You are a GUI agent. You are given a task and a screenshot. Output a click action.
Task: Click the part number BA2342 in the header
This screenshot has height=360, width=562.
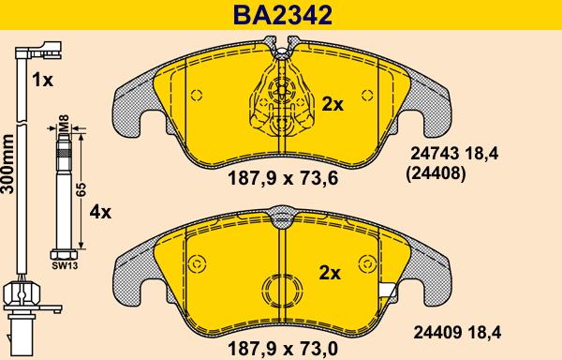283,15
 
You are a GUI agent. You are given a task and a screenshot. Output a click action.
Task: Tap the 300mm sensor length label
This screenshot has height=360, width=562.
7,164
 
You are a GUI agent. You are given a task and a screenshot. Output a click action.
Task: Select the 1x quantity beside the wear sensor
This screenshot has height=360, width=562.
42,80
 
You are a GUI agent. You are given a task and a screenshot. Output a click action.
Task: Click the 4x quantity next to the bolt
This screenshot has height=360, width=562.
100,213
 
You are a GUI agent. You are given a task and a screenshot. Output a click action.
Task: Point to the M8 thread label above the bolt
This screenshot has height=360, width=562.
64,123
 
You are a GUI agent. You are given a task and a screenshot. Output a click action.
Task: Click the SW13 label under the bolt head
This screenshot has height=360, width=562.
65,265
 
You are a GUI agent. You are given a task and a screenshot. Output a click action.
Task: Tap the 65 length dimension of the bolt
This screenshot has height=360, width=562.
81,189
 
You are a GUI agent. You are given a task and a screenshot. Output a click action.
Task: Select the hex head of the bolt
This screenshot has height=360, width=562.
64,255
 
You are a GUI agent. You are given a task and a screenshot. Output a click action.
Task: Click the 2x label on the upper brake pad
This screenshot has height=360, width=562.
333,104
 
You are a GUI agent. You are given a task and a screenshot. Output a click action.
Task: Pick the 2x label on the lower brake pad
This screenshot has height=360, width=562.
330,274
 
